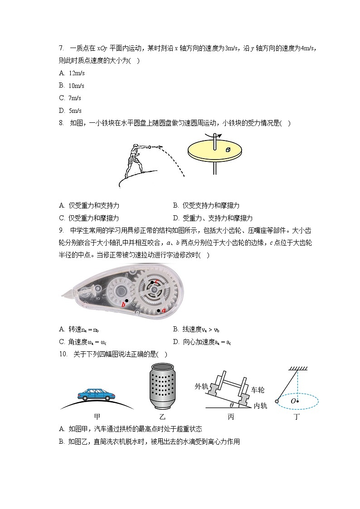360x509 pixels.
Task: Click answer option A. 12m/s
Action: (72, 73)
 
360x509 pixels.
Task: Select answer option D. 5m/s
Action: (70, 111)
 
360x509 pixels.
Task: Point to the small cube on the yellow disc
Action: (228, 149)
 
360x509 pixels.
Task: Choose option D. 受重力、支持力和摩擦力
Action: (213, 218)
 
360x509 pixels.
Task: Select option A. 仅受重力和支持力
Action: (89, 205)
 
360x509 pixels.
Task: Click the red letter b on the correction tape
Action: (123, 305)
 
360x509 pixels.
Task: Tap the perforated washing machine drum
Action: (162, 386)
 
